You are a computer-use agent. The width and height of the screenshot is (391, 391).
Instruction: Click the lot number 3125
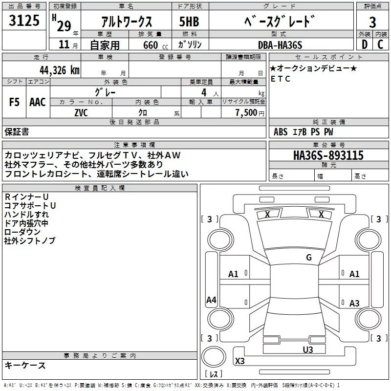(x=24, y=21)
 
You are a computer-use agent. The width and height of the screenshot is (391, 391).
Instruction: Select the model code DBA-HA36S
(x=280, y=45)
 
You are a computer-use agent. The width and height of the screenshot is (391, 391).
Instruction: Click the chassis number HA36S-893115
(x=328, y=155)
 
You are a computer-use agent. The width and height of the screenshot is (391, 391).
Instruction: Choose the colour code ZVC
(x=81, y=112)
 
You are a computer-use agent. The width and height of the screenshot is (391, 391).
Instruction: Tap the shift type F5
(x=15, y=102)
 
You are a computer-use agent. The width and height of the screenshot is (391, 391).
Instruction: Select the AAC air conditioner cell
(x=38, y=102)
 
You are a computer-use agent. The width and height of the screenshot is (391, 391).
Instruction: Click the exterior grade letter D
(x=364, y=44)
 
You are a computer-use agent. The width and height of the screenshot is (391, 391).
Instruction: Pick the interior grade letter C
(x=380, y=44)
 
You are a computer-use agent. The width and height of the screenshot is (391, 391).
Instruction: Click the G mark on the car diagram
(x=308, y=258)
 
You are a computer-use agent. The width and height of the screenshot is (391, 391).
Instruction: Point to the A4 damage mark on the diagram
(x=211, y=300)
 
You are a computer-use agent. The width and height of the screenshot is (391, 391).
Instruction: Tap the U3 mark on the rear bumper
(x=307, y=349)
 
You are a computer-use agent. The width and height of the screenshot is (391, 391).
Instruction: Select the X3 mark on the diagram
(x=240, y=361)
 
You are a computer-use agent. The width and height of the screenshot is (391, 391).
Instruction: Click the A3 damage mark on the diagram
(x=354, y=304)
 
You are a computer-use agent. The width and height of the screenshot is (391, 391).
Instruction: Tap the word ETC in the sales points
(x=281, y=79)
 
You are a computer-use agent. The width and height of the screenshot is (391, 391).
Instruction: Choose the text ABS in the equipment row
(x=281, y=132)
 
